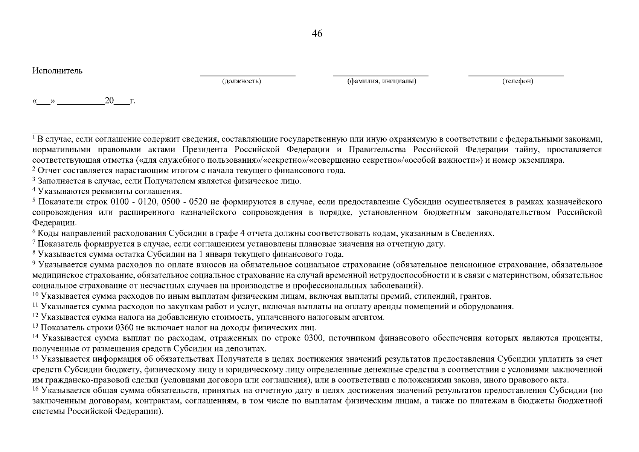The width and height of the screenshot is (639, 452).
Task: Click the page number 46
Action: point(317,34)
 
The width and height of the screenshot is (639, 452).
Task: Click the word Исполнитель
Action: point(57,71)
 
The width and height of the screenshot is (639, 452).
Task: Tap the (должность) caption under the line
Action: point(241,81)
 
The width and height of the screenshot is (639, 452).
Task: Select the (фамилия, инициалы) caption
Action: point(381,81)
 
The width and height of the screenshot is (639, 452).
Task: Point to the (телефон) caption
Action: point(517,81)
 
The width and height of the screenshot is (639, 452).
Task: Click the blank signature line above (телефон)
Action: point(516,76)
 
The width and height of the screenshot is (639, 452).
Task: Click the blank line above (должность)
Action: point(247,76)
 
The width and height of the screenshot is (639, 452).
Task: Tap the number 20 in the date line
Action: point(109,101)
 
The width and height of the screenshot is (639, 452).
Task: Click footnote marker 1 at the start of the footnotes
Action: point(34,137)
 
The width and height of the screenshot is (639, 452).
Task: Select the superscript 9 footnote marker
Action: point(34,263)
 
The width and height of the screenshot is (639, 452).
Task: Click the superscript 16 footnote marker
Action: point(35,388)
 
